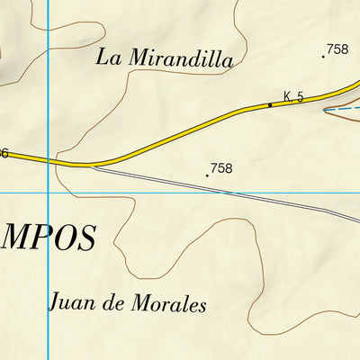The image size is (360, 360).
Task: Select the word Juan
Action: pos(70,301)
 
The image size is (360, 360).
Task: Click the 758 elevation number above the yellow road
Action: pos(337,49)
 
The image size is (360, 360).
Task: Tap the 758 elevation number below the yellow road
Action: pos(221,168)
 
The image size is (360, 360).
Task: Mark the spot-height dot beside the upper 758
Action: pos(323,57)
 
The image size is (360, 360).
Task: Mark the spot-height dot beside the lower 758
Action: pos(207,175)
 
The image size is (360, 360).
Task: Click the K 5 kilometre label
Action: pos(293,96)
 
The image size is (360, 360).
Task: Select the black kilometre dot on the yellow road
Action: pos(269,105)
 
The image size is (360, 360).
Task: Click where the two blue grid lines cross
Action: pos(47,193)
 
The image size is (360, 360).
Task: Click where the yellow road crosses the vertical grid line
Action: pos(47,161)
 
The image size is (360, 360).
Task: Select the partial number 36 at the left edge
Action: pos(4,153)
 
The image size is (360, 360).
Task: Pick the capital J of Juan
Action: pos(55,301)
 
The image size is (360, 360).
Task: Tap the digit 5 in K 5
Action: pos(301,96)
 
